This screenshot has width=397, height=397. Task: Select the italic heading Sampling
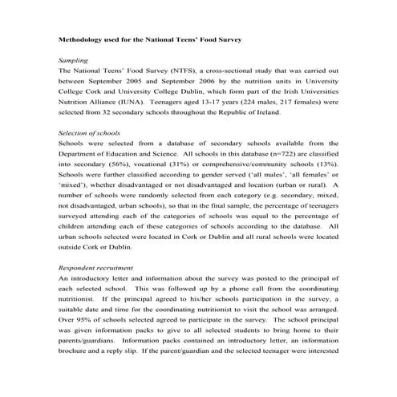75,59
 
